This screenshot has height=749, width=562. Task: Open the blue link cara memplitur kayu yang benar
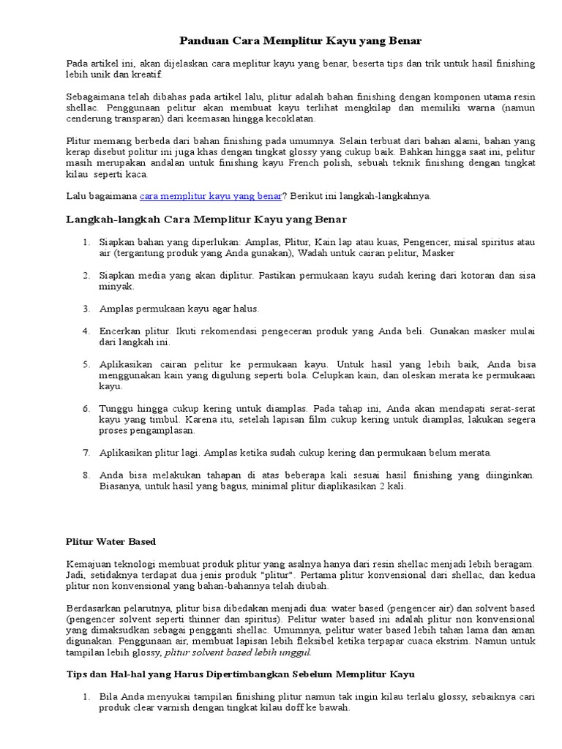[211, 195]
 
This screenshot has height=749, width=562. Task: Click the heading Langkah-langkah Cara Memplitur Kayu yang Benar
[206, 219]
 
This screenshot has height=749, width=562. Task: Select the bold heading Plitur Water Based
[110, 541]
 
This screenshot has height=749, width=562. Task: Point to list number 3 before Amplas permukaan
[86, 309]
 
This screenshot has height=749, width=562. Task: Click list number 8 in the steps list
[86, 475]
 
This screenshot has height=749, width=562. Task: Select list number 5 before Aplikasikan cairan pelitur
[86, 364]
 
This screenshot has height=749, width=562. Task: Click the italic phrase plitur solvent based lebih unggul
[238, 652]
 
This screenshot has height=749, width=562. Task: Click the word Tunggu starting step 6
[116, 408]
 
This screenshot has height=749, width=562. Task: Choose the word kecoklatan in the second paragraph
[291, 117]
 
